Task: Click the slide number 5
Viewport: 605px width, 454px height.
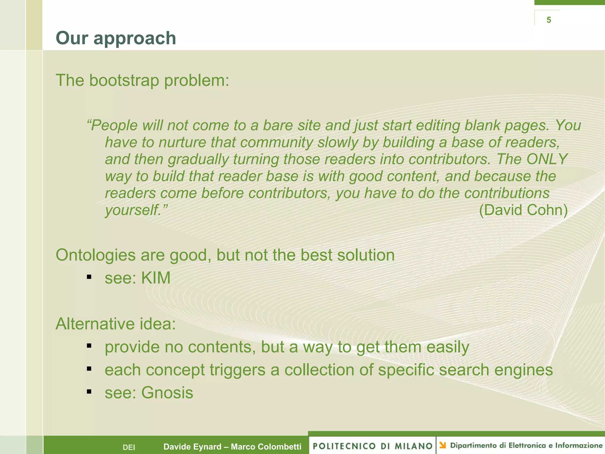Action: tap(549, 20)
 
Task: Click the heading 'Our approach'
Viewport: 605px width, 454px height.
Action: tap(116, 38)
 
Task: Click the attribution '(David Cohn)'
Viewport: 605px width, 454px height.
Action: tap(523, 210)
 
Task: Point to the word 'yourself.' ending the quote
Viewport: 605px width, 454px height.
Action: tap(136, 210)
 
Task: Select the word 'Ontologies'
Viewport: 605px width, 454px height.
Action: tap(95, 255)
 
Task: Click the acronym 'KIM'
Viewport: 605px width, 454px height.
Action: tap(156, 278)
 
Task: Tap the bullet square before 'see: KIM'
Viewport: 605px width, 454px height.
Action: tap(89, 277)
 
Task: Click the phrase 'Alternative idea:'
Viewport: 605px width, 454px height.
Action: tap(116, 324)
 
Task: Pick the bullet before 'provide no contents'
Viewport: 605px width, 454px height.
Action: tap(89, 346)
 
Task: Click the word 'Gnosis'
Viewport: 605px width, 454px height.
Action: tap(167, 393)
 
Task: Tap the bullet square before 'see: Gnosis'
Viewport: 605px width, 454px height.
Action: tap(89, 392)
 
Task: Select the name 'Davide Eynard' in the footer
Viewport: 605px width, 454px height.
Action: tap(192, 447)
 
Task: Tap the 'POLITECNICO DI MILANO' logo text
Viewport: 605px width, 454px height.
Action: tap(373, 446)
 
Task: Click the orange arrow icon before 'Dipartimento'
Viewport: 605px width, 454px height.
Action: tap(443, 445)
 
